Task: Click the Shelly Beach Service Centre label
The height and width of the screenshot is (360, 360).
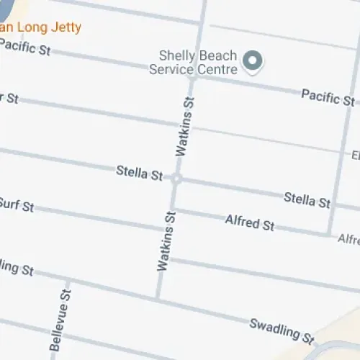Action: point(193,62)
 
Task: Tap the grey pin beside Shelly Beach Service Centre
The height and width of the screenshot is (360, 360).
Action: point(251,61)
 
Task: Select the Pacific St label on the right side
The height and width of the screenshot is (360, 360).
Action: point(328,96)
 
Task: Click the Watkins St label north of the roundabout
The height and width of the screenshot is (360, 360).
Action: point(185,127)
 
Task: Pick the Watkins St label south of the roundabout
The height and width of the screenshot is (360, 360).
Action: point(166,240)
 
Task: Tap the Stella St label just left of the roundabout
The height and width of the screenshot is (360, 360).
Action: point(139,173)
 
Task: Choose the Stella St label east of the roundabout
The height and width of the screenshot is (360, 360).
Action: point(307,198)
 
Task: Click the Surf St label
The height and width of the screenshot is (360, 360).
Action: point(17,205)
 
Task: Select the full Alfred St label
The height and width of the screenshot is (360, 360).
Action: point(249,222)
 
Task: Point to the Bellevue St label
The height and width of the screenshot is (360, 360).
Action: point(61,320)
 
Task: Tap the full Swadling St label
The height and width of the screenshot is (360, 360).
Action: point(282,330)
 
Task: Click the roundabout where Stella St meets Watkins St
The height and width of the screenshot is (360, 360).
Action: point(176,178)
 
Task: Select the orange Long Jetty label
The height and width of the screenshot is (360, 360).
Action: point(40,28)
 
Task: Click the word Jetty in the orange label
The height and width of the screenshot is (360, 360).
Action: point(66,28)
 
